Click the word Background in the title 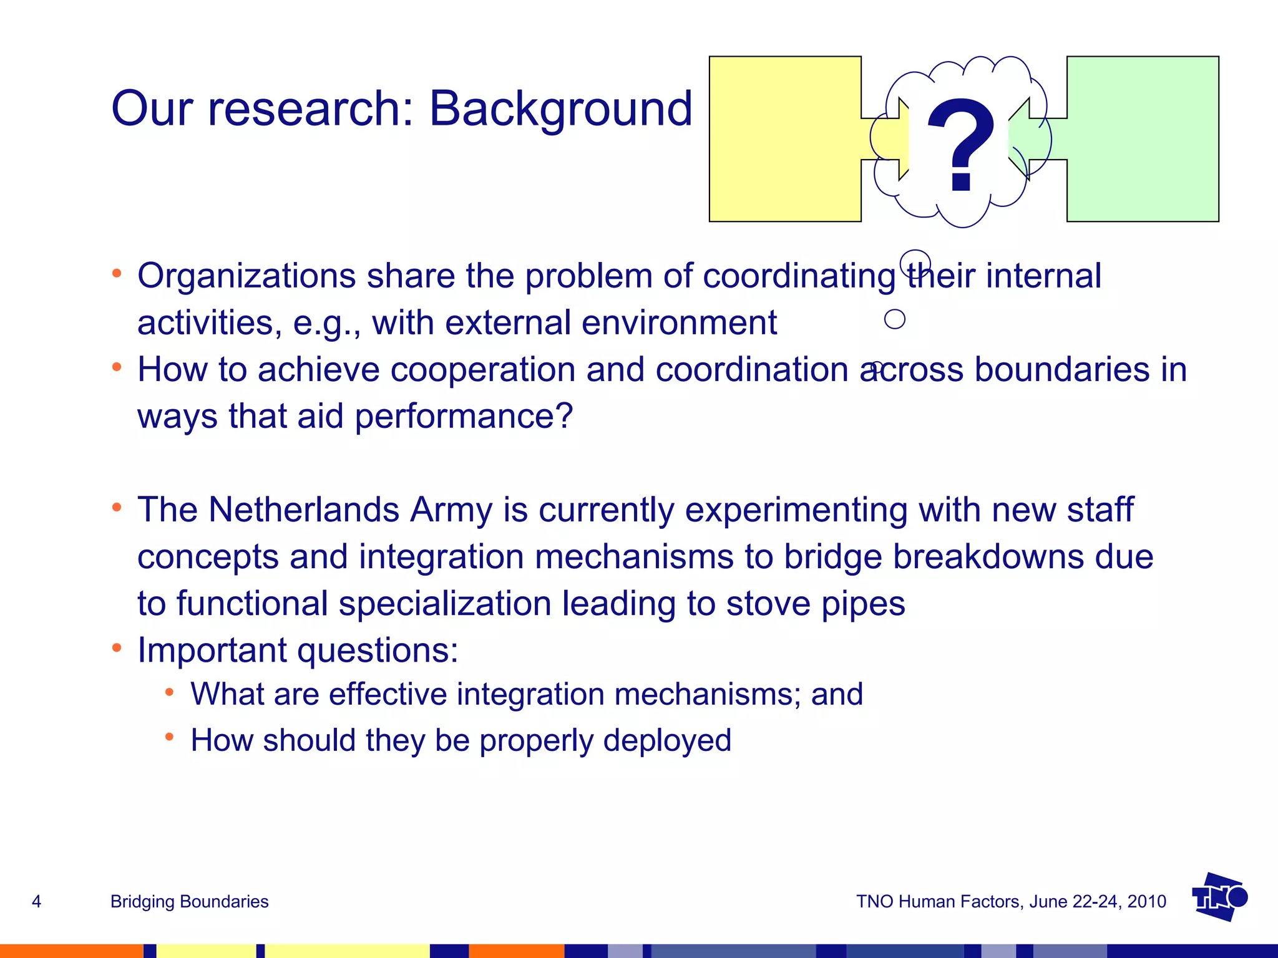560,109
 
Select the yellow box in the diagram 785,139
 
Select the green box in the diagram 1143,139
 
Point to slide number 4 36,901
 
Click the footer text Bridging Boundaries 189,901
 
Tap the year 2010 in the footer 1147,901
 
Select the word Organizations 246,276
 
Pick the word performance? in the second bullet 463,416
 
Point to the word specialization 445,604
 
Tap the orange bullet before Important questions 117,648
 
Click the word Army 451,510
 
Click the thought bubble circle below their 895,319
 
